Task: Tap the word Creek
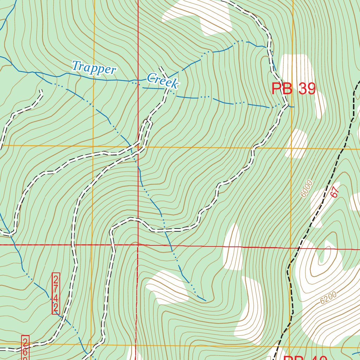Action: [163, 81]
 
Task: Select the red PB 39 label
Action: [294, 89]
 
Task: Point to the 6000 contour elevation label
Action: [307, 189]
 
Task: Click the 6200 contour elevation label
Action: [329, 297]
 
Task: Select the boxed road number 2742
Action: [56, 294]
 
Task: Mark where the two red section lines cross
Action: [138, 244]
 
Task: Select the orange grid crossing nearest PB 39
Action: [291, 148]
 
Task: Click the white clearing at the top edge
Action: [197, 14]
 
